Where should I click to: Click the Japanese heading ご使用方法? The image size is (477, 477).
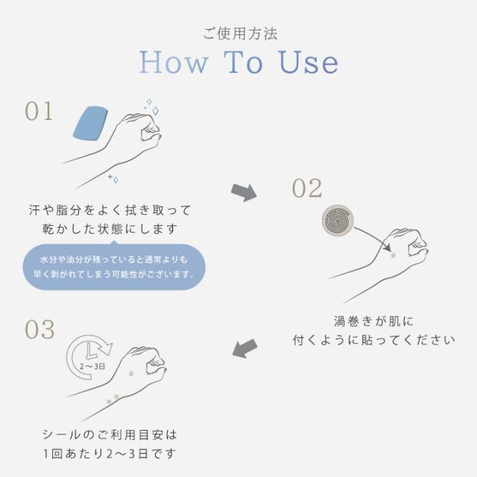click(238, 34)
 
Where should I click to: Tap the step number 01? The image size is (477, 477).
click(40, 111)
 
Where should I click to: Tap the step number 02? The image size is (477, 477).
click(306, 189)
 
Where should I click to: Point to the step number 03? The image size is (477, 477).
click(40, 329)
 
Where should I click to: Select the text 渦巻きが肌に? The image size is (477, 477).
click(373, 321)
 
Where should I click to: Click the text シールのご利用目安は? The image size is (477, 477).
click(111, 434)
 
